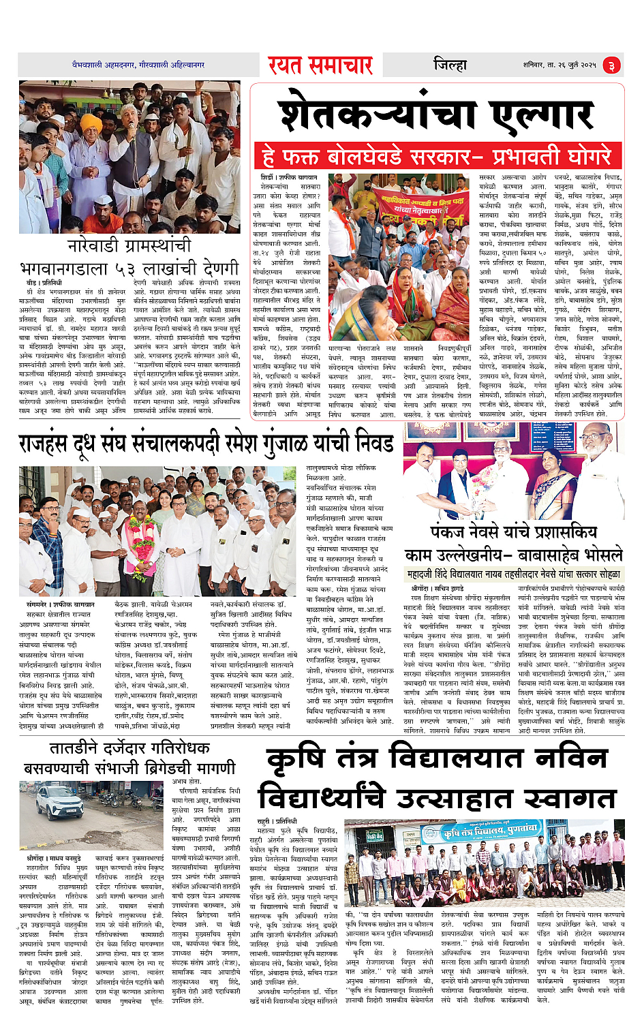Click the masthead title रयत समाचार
click(320, 65)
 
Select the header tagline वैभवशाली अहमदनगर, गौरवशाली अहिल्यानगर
click(138, 65)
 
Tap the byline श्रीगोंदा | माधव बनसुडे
click(54, 858)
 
